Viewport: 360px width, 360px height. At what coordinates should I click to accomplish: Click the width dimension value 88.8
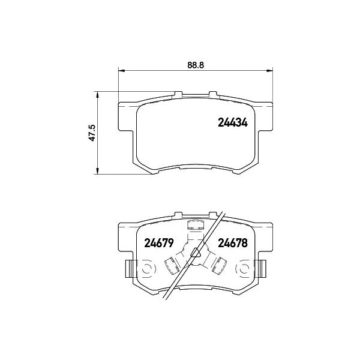point(196,65)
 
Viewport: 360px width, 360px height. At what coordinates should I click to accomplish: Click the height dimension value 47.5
point(92,133)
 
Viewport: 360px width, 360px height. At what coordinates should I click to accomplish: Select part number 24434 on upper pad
point(233,122)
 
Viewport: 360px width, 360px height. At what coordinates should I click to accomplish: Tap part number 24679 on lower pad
point(159,243)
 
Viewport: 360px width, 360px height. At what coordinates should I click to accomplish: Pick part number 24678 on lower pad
point(233,243)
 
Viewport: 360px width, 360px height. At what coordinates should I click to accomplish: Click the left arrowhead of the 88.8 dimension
point(121,71)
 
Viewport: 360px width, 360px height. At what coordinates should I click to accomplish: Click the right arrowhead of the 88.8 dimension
point(269,71)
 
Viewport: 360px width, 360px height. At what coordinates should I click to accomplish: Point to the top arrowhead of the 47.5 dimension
point(97,95)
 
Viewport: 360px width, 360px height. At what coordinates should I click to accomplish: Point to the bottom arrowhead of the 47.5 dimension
point(97,171)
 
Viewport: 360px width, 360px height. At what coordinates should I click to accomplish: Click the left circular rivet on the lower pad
point(148,268)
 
